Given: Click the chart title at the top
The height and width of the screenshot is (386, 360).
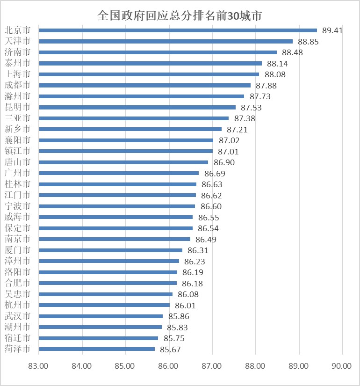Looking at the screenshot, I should (x=180, y=15).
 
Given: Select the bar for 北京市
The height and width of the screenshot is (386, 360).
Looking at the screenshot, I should (x=178, y=30).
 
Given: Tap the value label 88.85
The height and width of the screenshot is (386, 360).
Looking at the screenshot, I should (x=308, y=42).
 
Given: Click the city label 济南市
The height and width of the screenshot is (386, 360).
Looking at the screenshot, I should (x=17, y=52).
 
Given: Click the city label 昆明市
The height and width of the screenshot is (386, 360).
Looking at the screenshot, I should (x=17, y=107).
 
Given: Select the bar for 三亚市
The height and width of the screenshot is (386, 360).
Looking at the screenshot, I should (x=134, y=118).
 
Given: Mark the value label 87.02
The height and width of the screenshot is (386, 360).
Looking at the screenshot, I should (x=229, y=140).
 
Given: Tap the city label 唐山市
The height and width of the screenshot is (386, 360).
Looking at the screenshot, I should (x=17, y=162).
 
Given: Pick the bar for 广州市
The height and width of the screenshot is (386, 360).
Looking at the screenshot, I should (x=119, y=173).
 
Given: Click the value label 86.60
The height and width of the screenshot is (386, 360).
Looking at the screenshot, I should (x=211, y=206).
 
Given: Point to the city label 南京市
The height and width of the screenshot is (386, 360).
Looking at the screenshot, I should (x=17, y=239).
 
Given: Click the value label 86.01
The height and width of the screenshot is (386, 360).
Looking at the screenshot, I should (x=185, y=306).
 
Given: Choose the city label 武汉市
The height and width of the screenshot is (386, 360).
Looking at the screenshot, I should (x=17, y=316).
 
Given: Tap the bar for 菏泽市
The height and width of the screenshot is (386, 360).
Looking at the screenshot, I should (x=97, y=349).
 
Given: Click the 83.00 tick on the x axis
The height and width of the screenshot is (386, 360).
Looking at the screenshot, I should (x=39, y=366).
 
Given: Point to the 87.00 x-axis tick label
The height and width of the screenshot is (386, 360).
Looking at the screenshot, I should (x=212, y=366).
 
